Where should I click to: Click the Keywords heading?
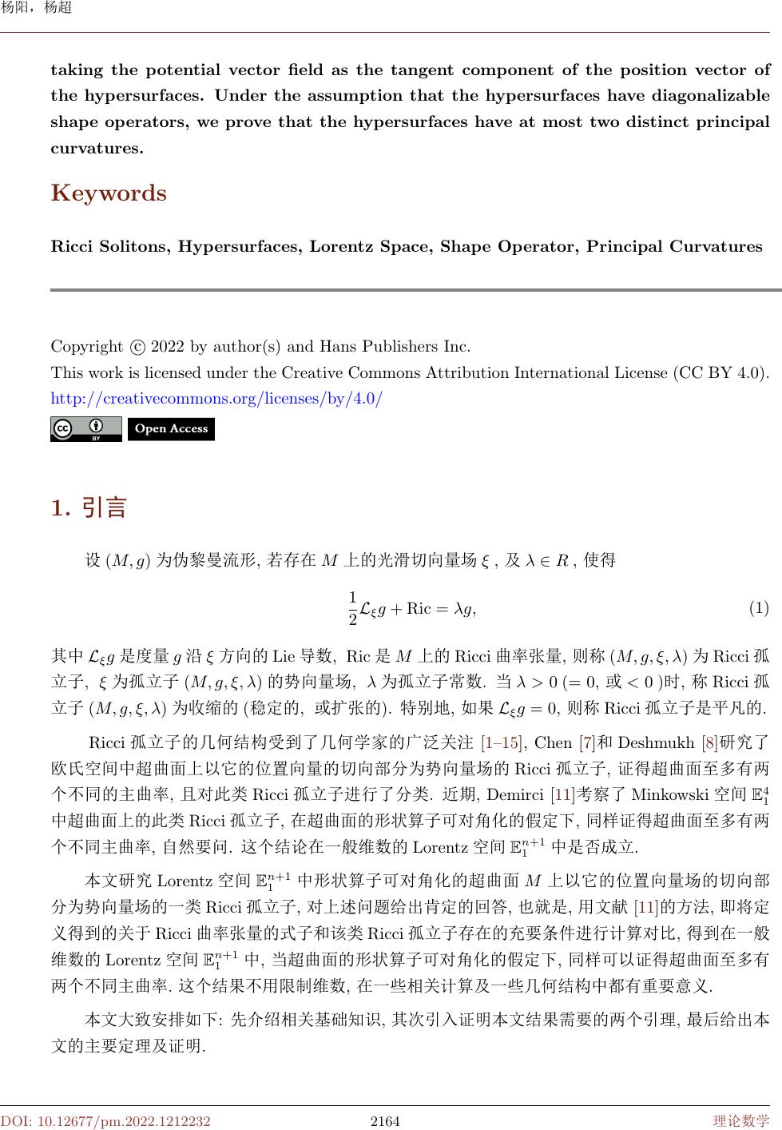tap(109, 193)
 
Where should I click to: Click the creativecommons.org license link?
tap(216, 398)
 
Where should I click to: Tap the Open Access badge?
tap(171, 429)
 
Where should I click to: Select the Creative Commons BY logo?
tap(85, 429)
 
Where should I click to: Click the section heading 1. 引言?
tap(89, 507)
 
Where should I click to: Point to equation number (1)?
tap(758, 608)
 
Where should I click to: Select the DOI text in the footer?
tap(105, 1121)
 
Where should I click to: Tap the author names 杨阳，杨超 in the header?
tap(35, 8)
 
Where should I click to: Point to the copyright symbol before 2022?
tap(137, 347)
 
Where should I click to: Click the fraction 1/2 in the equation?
tap(353, 608)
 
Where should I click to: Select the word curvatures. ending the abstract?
tap(97, 149)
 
